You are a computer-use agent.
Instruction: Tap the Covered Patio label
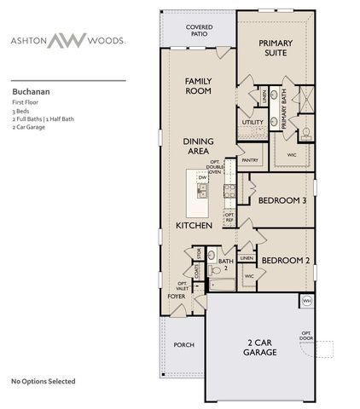coord(199,32)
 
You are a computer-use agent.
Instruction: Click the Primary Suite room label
coord(275,47)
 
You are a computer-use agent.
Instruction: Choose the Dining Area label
coord(197,146)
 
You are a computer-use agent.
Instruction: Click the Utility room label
coord(253,122)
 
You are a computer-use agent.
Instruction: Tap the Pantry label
coord(250,159)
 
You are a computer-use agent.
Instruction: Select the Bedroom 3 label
coord(282,200)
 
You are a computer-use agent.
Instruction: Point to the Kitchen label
coord(194,226)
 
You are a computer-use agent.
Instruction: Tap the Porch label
coord(183,344)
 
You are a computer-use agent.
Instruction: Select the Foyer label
coord(176,297)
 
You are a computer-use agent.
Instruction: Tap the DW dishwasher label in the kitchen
coord(202,177)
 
